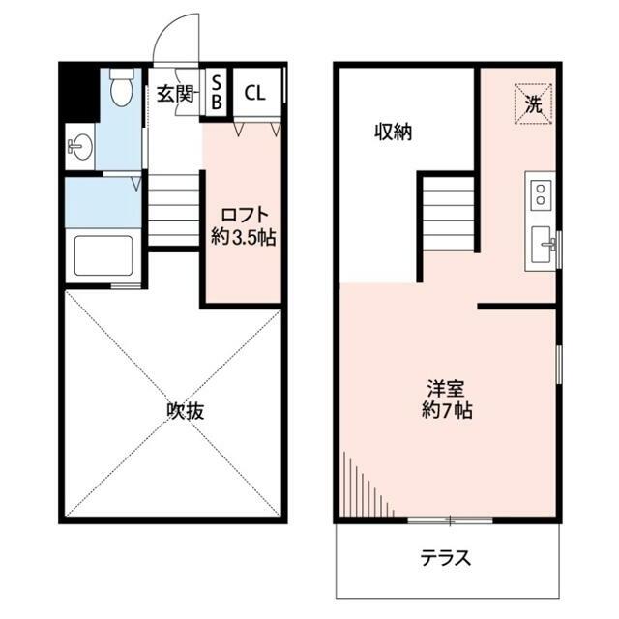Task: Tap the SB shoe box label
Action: [217, 90]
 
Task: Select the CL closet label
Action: [255, 93]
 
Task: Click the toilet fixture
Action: [121, 90]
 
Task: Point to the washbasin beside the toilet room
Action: [78, 148]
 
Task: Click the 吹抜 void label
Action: [184, 411]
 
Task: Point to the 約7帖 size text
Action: [446, 410]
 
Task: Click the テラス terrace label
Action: [446, 558]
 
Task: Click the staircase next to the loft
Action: [173, 207]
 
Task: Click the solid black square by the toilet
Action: [79, 91]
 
